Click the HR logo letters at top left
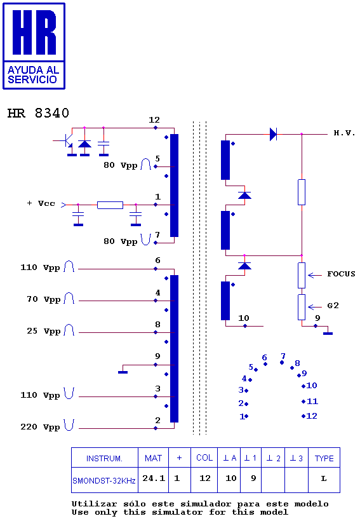point(34,32)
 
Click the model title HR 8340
point(38,113)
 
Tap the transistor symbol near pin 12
point(67,140)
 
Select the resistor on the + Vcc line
point(110,205)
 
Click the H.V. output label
point(344,133)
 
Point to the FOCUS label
point(341,274)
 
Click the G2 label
point(333,306)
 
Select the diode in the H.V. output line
point(273,134)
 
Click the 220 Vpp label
point(40,427)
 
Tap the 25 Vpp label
point(44,331)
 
